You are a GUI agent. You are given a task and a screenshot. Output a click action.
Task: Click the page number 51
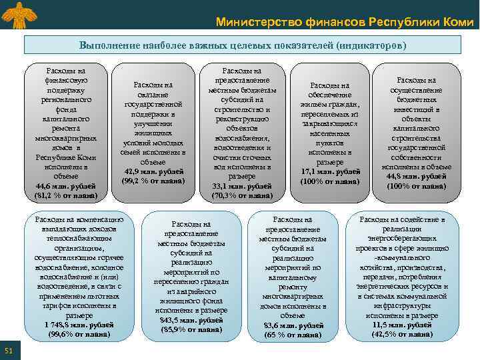pyautogui.click(x=8, y=351)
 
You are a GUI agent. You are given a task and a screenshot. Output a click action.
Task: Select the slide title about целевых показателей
pyautogui.click(x=243, y=45)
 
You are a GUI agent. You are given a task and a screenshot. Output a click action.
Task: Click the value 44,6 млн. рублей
pyautogui.click(x=65, y=185)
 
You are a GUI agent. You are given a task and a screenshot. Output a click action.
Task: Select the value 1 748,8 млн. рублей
pyautogui.click(x=77, y=325)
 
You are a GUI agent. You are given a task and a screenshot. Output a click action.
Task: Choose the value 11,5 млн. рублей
pyautogui.click(x=402, y=325)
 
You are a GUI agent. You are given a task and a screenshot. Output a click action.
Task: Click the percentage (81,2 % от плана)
pyautogui.click(x=65, y=195)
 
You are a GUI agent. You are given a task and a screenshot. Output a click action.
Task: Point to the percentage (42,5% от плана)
pyautogui.click(x=402, y=334)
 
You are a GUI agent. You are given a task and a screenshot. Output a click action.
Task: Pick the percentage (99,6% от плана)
pyautogui.click(x=77, y=334)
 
